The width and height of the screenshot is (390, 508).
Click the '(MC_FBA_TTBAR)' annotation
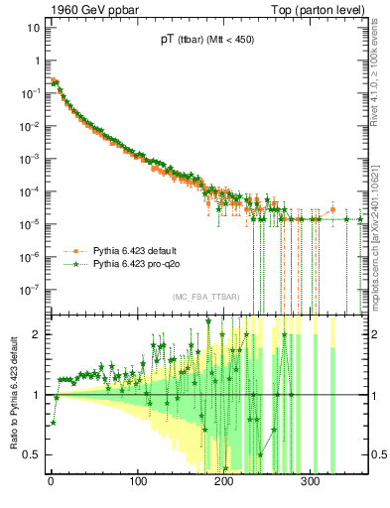click(x=203, y=298)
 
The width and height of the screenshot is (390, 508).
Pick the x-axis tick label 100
click(x=137, y=481)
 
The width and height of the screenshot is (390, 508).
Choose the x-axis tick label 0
click(x=51, y=481)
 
